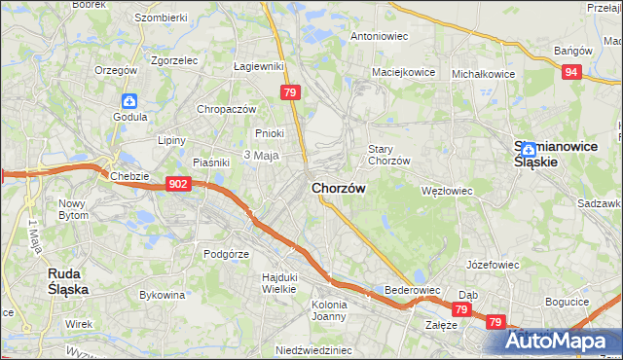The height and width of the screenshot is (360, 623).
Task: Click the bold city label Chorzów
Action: click(x=339, y=188)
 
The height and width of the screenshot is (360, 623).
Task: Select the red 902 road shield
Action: click(x=177, y=184)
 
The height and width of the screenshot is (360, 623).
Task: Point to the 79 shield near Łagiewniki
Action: click(x=289, y=92)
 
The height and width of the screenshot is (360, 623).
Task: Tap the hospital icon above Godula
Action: click(x=129, y=100)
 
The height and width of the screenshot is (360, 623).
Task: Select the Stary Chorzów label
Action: click(x=388, y=155)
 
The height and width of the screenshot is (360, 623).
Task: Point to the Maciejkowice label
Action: click(x=401, y=72)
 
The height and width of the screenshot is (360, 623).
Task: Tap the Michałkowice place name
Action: click(x=483, y=73)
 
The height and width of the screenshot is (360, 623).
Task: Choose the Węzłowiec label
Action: click(x=446, y=191)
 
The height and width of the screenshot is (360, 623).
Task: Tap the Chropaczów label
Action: click(x=226, y=109)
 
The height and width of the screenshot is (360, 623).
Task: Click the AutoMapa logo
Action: click(x=562, y=342)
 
